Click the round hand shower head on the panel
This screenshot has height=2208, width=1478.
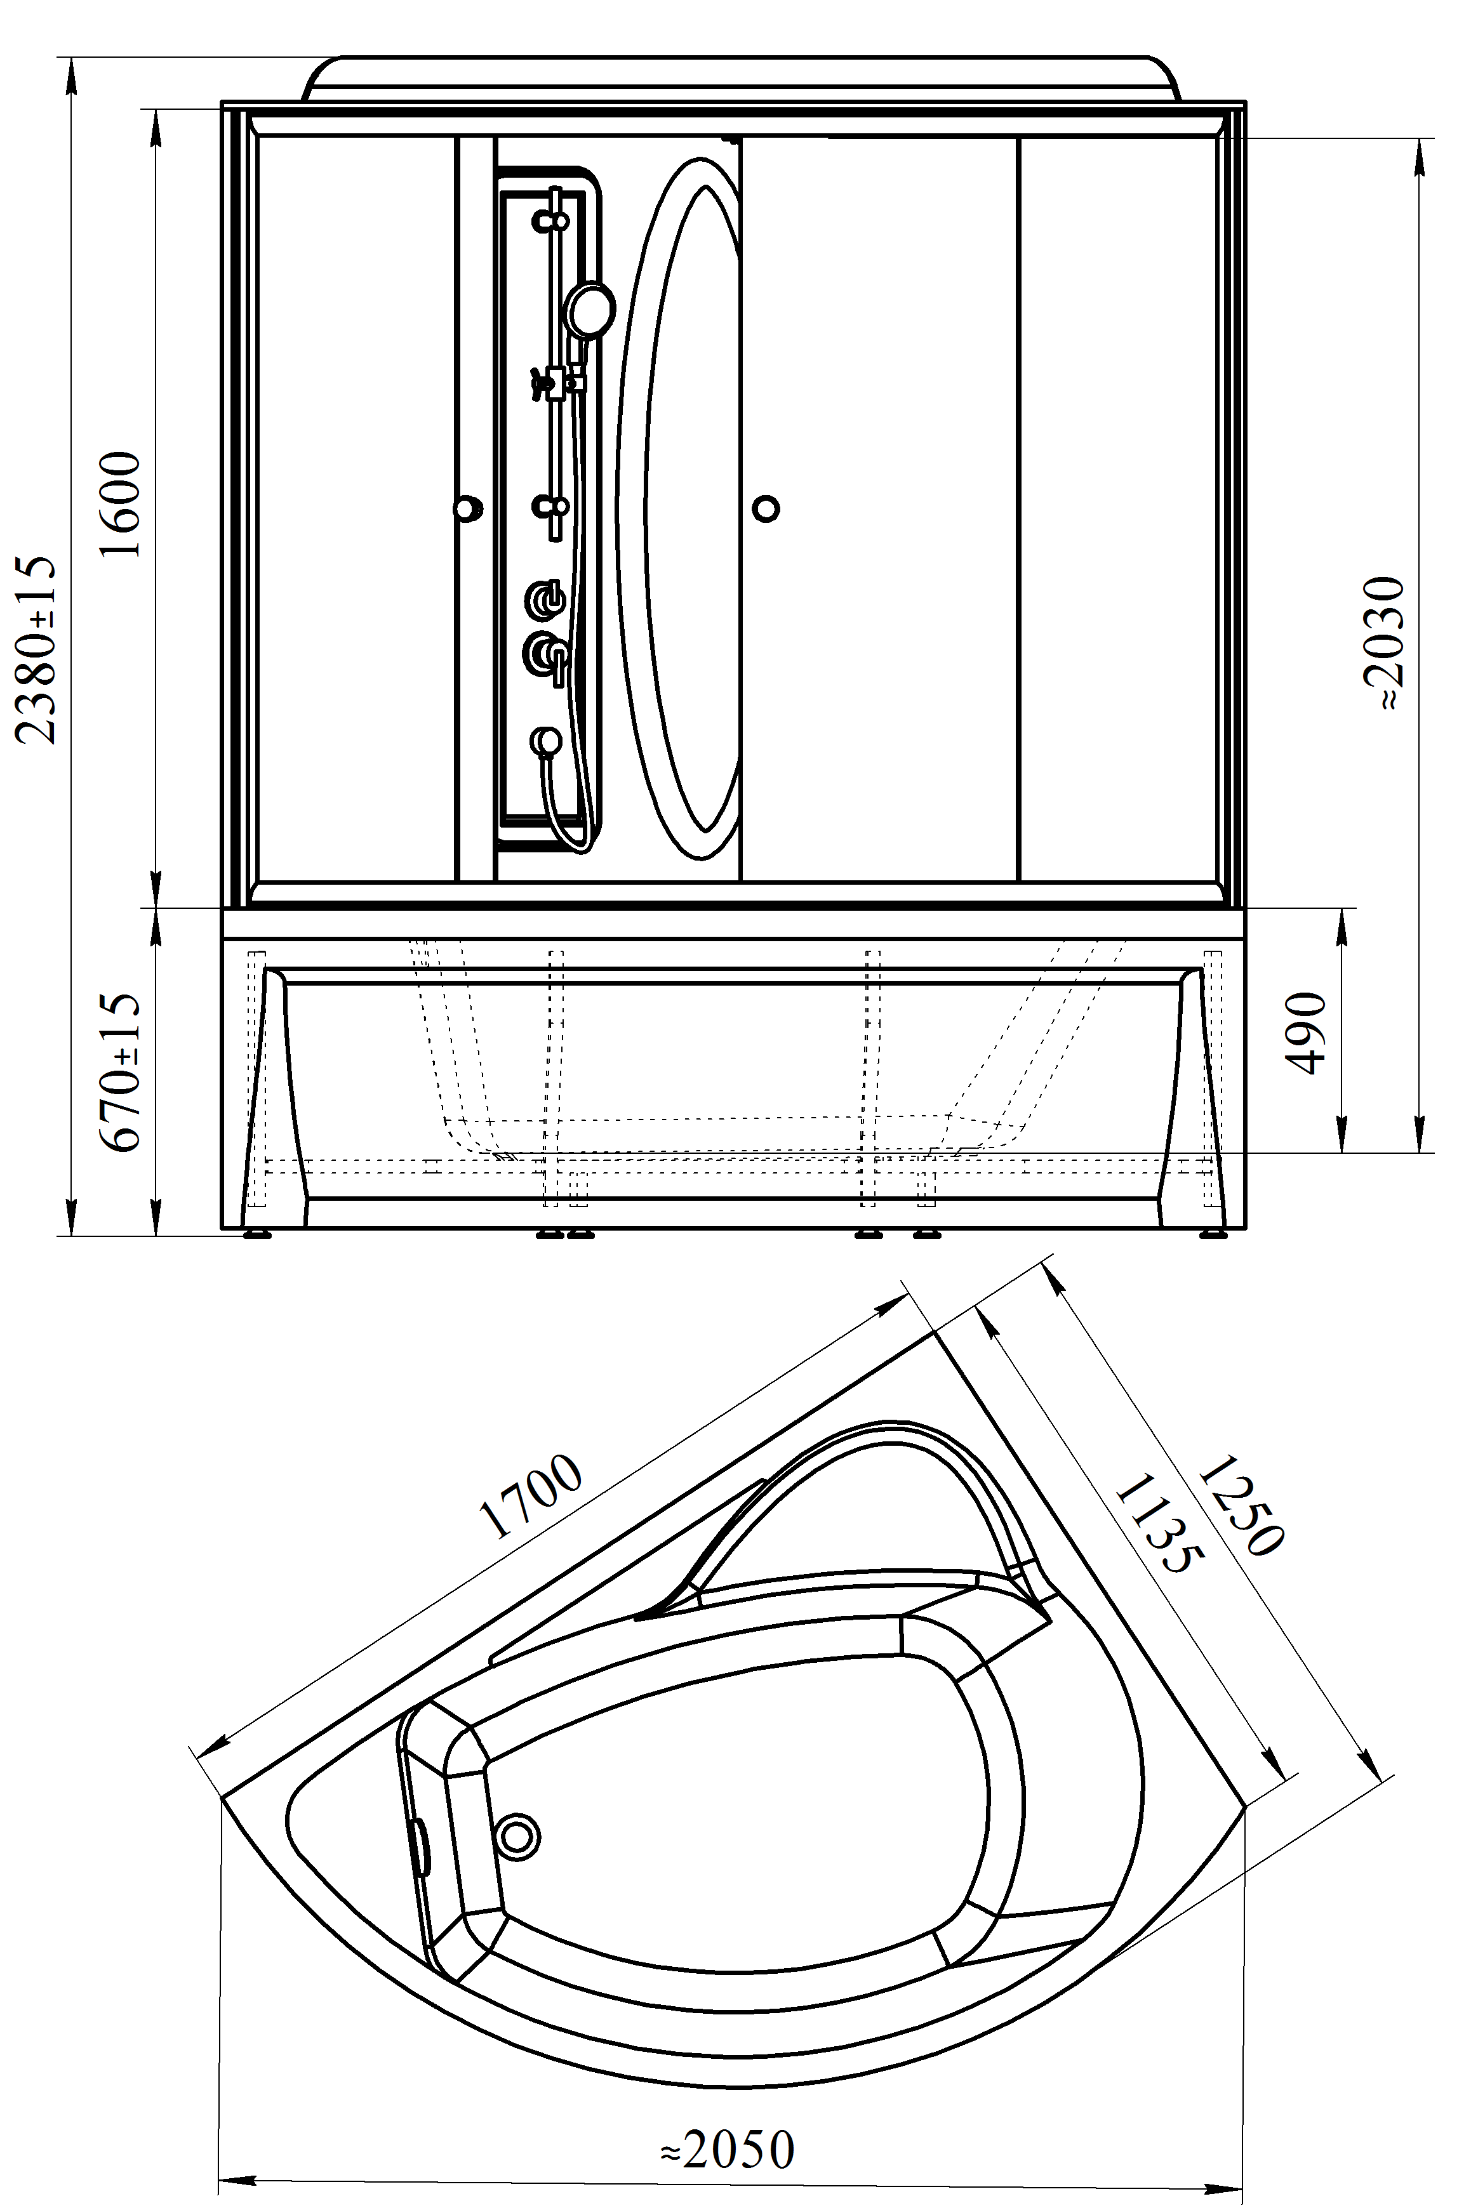(x=589, y=308)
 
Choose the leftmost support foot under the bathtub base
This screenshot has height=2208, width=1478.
(x=257, y=1234)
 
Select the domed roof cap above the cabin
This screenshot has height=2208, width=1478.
(x=740, y=78)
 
